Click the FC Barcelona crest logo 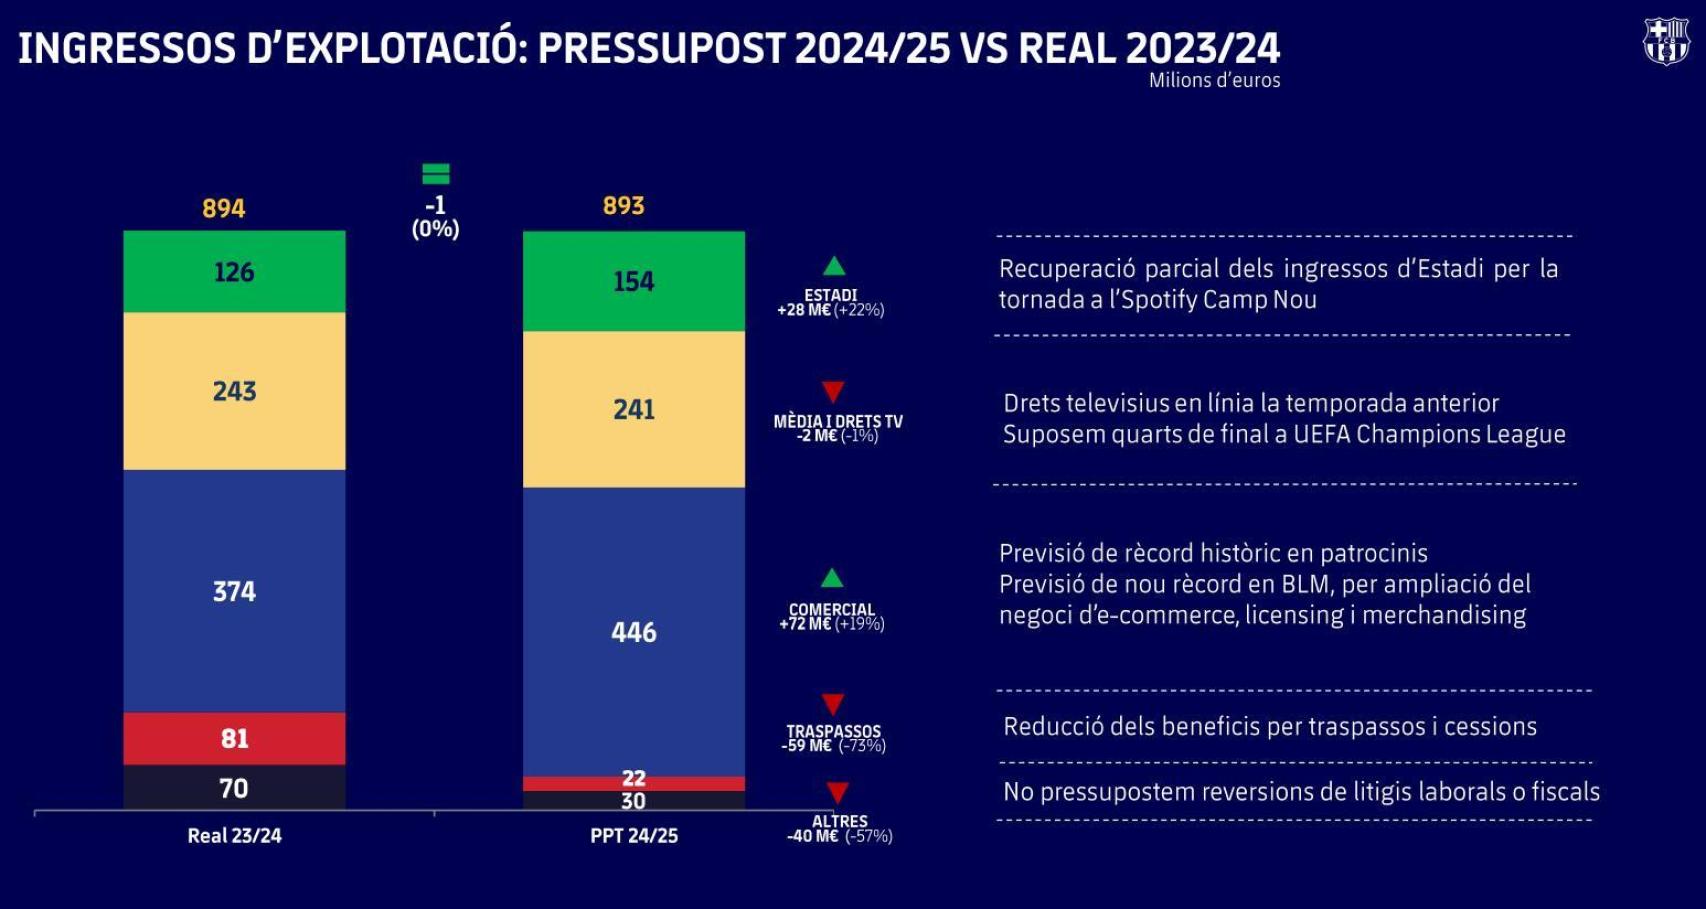pos(1666,42)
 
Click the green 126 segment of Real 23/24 pos(234,272)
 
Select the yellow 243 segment pos(234,391)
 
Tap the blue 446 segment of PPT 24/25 pos(633,632)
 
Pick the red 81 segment pos(234,739)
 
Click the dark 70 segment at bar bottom pos(234,788)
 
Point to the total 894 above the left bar pos(223,208)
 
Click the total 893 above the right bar pos(623,206)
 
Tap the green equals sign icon pos(435,174)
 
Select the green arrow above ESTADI pos(833,266)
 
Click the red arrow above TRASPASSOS pos(833,704)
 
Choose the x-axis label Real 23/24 pos(234,836)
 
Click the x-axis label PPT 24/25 pos(633,836)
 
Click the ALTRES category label pos(839,821)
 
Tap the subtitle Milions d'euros pos(1214,81)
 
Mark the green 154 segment pos(633,282)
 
